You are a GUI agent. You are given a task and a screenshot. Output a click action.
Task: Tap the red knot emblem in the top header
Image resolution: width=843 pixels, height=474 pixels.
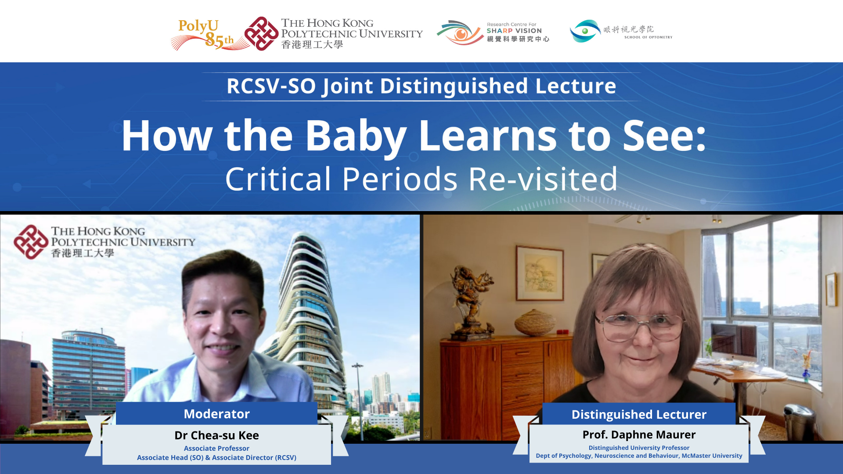tap(262, 34)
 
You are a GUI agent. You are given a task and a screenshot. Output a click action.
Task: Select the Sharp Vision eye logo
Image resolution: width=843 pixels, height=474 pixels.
tap(460, 32)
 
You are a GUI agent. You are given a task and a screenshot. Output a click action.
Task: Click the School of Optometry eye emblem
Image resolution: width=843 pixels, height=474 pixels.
tap(585, 31)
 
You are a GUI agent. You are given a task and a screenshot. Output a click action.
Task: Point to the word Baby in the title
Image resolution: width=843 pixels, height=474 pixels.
tap(356, 136)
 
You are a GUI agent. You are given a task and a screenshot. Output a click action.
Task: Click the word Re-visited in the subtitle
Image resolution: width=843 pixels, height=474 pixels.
tap(543, 179)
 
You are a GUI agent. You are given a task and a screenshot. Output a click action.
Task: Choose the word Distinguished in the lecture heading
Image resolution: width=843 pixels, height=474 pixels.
tap(454, 86)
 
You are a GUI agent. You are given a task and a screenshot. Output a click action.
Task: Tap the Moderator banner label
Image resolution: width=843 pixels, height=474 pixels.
tap(216, 414)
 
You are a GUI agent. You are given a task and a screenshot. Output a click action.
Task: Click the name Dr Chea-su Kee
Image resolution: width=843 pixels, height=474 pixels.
tap(216, 435)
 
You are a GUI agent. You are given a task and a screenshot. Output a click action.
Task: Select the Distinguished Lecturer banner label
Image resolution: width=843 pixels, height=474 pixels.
tap(639, 414)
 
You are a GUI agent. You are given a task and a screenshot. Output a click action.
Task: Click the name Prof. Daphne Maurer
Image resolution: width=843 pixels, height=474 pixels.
tap(639, 434)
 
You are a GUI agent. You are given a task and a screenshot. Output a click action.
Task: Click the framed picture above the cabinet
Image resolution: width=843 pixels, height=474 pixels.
tap(540, 273)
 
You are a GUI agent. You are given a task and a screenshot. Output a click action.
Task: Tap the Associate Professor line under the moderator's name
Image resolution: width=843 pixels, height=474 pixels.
tap(216, 449)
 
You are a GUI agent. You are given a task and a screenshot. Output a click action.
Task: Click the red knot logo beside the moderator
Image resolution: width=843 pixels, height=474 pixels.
tap(31, 242)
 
